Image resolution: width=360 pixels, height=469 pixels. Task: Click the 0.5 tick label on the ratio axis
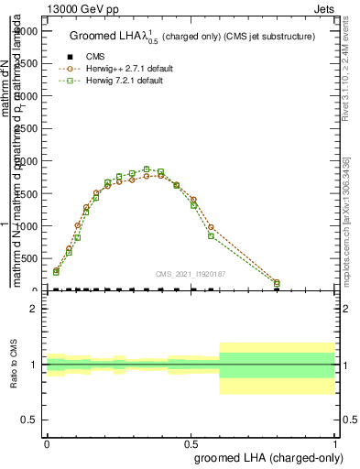click(x=29, y=420)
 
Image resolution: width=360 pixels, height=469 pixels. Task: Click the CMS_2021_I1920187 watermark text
click(x=191, y=274)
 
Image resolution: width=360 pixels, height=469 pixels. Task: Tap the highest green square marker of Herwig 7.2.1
click(x=147, y=169)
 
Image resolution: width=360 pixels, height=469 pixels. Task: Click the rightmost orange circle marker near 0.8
click(x=277, y=283)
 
